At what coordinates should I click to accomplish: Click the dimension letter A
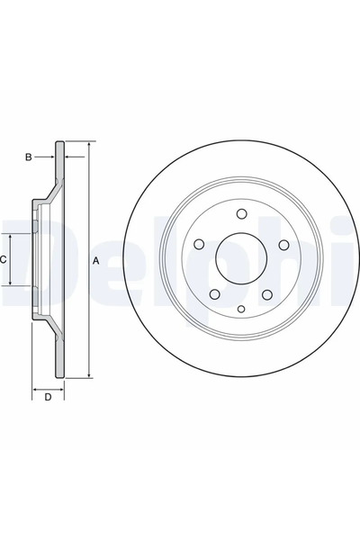tap(96, 261)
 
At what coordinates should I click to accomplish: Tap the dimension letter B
tap(28, 157)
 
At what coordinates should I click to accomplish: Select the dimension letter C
tap(4, 259)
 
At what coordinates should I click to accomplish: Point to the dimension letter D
tap(48, 397)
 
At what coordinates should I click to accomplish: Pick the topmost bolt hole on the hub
tap(241, 213)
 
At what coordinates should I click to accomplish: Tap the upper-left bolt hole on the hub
tap(199, 245)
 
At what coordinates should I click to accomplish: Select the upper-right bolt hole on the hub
tap(283, 245)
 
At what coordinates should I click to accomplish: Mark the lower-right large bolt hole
tap(267, 295)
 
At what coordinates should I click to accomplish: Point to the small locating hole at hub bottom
tap(241, 310)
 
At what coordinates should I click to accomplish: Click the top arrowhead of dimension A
tap(90, 144)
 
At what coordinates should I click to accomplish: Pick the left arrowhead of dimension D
tap(36, 389)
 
